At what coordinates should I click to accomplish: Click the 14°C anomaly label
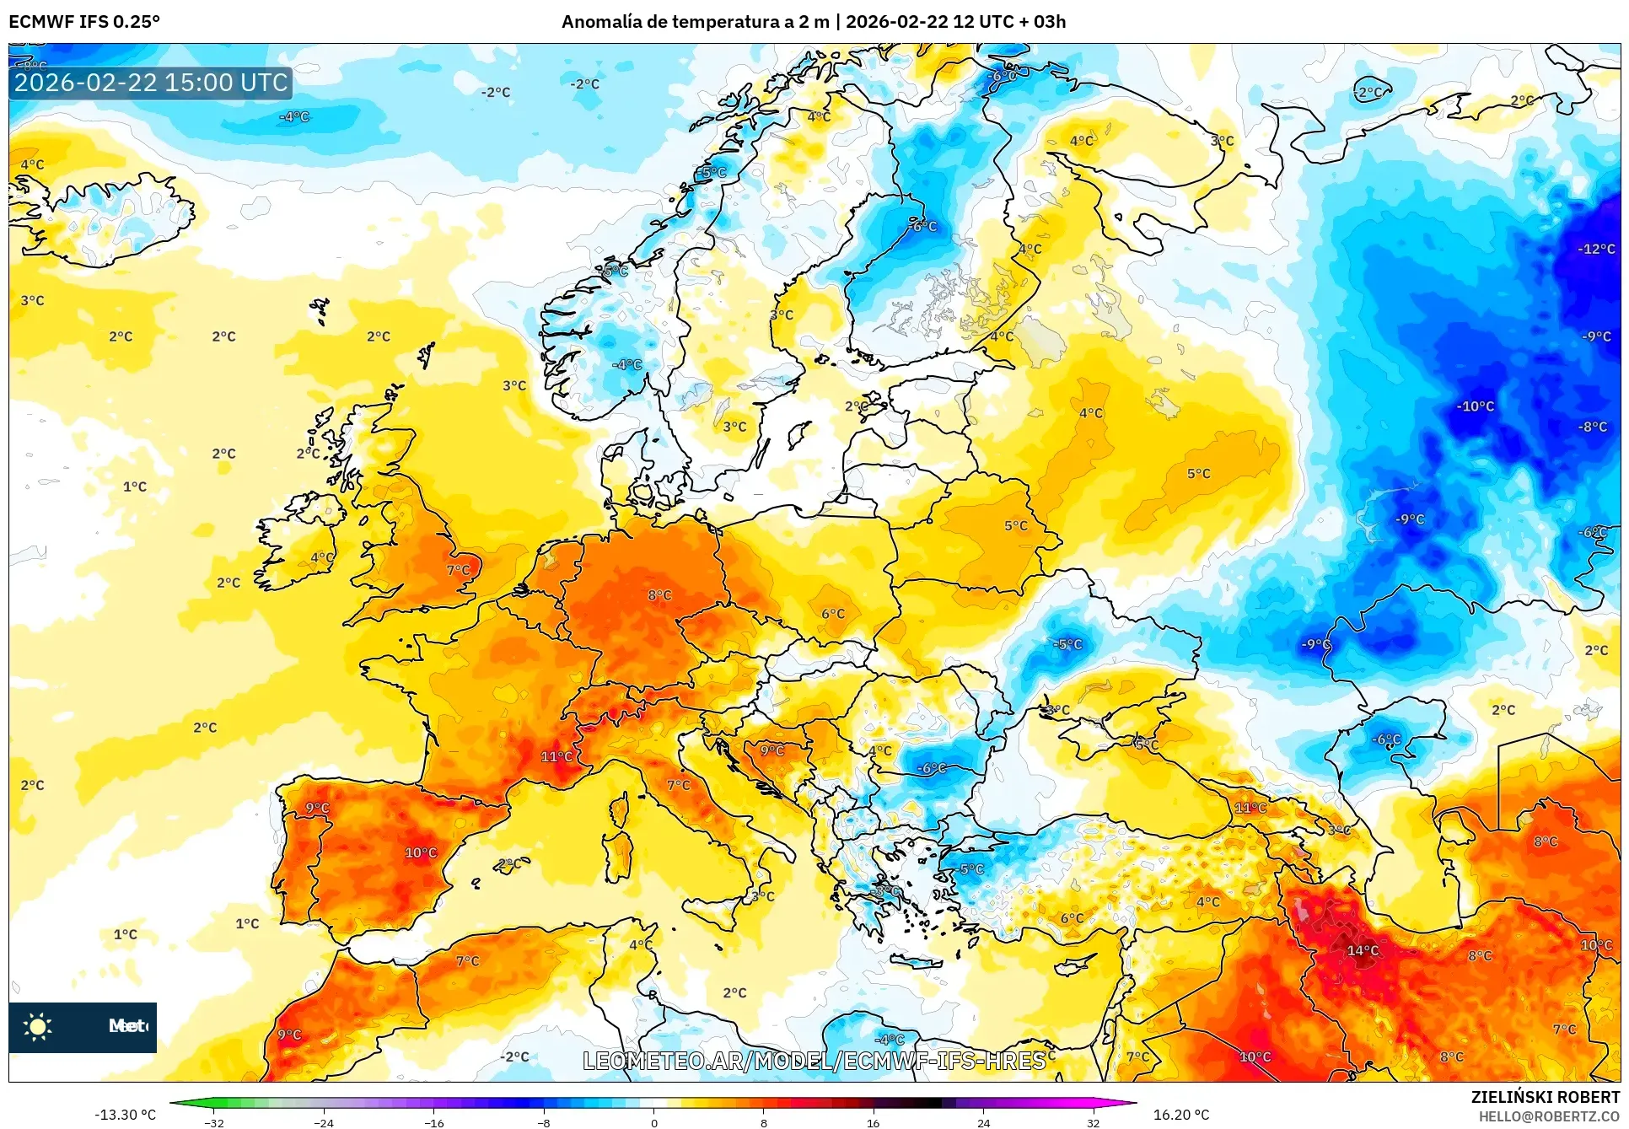pos(1363,950)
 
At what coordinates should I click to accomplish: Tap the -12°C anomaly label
pos(1596,249)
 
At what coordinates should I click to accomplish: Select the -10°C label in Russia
pos(1476,406)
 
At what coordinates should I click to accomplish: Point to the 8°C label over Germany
pos(659,595)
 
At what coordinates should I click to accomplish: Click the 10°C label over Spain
pos(421,852)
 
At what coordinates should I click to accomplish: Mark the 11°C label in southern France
pos(556,756)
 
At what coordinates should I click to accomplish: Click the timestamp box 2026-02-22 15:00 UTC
pos(151,83)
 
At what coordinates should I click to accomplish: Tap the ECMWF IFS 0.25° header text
pos(84,22)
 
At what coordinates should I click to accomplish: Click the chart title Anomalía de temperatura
pos(813,22)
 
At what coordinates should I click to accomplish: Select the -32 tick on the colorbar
pos(214,1122)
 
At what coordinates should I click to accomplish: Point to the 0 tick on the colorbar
pos(653,1122)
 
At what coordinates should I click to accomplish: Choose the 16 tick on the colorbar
pos(873,1122)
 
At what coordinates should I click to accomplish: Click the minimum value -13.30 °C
pos(125,1115)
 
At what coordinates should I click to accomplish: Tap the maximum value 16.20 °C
pos(1180,1115)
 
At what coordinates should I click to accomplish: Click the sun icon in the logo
pos(38,1026)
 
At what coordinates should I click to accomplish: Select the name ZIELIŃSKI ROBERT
pos(1545,1097)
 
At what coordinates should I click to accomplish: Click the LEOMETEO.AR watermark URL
pos(814,1061)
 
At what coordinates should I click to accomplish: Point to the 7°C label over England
pos(458,570)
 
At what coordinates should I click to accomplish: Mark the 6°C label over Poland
pos(832,614)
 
